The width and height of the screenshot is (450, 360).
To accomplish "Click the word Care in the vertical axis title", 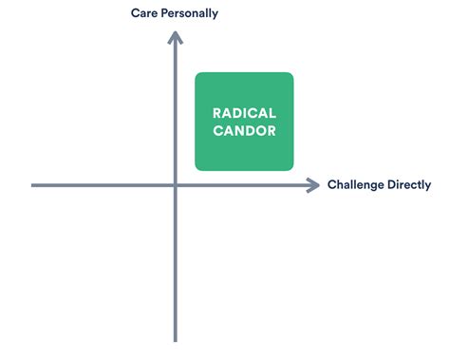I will (145, 13).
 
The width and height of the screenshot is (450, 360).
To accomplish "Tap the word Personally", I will (190, 13).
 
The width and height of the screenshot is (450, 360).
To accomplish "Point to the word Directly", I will (409, 185).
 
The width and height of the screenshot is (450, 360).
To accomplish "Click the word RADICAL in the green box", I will (244, 113).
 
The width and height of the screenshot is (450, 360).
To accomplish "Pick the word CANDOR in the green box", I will (244, 131).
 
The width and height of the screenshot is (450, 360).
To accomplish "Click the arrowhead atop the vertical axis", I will (176, 37).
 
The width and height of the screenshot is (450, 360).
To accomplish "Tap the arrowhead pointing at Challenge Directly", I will (313, 185).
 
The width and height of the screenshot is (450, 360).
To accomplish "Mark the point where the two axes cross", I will (176, 185).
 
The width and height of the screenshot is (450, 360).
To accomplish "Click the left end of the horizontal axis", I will (32, 185).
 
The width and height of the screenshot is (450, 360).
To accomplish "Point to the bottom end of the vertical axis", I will (176, 340).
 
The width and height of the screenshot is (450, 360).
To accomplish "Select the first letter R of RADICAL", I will (216, 113).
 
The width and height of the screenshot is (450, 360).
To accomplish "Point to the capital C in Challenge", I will (331, 185).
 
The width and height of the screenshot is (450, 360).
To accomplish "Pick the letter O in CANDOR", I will (262, 131).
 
